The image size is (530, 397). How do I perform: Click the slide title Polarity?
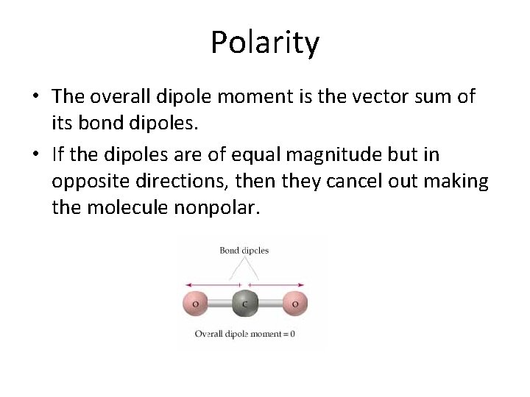(265, 42)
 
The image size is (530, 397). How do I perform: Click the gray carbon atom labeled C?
(244, 303)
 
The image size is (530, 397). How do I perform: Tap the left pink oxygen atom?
(195, 303)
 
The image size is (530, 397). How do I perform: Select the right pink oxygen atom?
(294, 303)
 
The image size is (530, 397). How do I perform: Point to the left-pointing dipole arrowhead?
(188, 285)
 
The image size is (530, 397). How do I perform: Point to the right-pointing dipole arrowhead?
(302, 285)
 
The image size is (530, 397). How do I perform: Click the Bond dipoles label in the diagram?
(244, 251)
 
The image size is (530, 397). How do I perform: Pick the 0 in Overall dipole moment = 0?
(292, 334)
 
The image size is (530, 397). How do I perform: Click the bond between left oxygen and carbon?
(219, 303)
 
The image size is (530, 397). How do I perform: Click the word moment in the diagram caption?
(263, 334)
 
